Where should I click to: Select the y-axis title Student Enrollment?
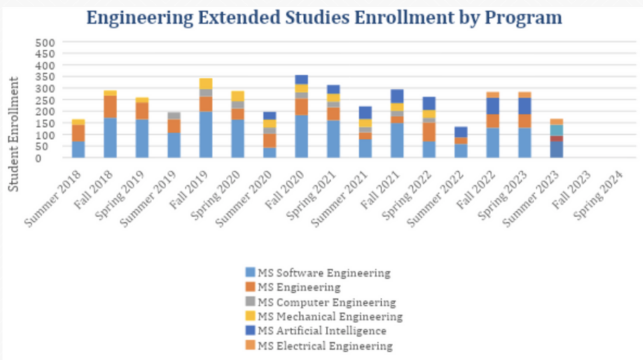tap(14, 134)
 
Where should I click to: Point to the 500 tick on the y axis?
tap(45, 43)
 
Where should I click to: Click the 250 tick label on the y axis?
tap(45, 100)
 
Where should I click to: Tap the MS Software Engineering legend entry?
tap(324, 272)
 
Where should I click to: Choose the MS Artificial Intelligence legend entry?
tap(321, 331)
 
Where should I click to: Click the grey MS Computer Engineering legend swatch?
tap(250, 301)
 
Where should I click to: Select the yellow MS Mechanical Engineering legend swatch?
tap(250, 316)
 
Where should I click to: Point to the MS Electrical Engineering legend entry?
tap(325, 346)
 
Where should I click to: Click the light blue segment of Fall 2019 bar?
tap(206, 135)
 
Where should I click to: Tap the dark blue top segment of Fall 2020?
tap(301, 79)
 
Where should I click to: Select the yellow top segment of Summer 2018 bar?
tap(78, 121)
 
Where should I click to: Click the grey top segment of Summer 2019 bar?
tap(174, 115)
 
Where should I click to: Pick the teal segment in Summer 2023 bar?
tap(557, 130)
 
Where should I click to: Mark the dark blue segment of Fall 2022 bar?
tap(493, 106)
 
